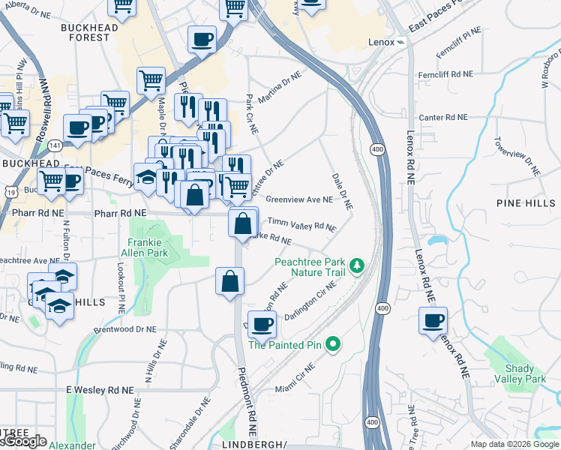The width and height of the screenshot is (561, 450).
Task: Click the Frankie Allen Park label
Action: point(146,248)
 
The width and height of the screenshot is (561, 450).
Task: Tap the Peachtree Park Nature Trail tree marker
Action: point(358,265)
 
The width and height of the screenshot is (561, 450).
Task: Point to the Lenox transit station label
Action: point(381,42)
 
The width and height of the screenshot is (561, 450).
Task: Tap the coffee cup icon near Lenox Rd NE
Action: point(433,321)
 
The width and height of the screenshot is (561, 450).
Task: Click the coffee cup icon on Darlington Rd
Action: point(262,324)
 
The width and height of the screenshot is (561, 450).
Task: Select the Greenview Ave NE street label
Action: point(299,200)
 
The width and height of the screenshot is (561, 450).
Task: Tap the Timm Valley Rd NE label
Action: point(301,224)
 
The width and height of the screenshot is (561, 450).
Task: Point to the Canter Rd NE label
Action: point(443,118)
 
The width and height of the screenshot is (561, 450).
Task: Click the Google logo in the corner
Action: point(24,441)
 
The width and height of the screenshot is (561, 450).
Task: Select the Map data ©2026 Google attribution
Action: point(514,444)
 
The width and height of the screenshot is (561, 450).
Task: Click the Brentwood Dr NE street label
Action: point(125,329)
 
